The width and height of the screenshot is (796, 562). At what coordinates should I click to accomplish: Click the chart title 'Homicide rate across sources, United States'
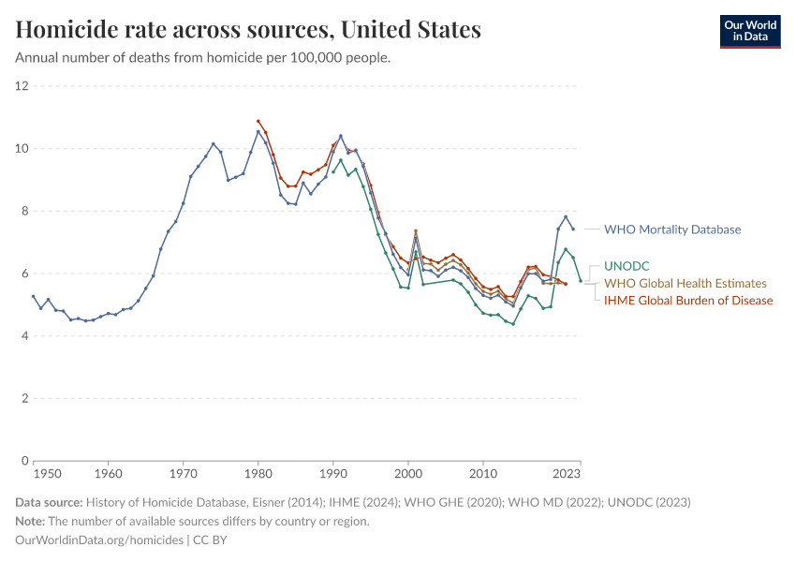(x=248, y=30)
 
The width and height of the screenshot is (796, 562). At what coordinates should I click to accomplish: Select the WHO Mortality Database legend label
(x=671, y=229)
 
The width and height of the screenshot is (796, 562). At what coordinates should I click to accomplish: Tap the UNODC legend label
(x=626, y=266)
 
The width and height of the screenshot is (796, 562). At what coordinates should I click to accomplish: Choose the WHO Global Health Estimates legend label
(x=685, y=283)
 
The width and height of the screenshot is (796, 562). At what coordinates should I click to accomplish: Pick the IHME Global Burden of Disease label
(x=688, y=301)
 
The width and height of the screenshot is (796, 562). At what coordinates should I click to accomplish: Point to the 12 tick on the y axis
(x=22, y=86)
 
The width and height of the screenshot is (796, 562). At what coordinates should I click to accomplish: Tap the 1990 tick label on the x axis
(x=333, y=475)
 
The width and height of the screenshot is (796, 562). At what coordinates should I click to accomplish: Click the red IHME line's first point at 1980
(x=258, y=121)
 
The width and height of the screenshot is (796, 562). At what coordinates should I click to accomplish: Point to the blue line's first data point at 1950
(x=34, y=296)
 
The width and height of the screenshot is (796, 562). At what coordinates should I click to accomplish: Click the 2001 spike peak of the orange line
(x=416, y=231)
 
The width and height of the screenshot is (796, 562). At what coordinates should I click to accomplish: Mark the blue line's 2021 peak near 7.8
(x=566, y=216)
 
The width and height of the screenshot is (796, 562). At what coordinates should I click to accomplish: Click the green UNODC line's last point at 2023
(x=581, y=281)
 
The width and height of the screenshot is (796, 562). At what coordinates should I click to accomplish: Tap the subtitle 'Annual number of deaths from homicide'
(x=202, y=58)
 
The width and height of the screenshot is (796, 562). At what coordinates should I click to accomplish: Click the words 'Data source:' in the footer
(x=48, y=502)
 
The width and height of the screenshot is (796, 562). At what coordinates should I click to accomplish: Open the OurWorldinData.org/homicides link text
(x=99, y=540)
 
